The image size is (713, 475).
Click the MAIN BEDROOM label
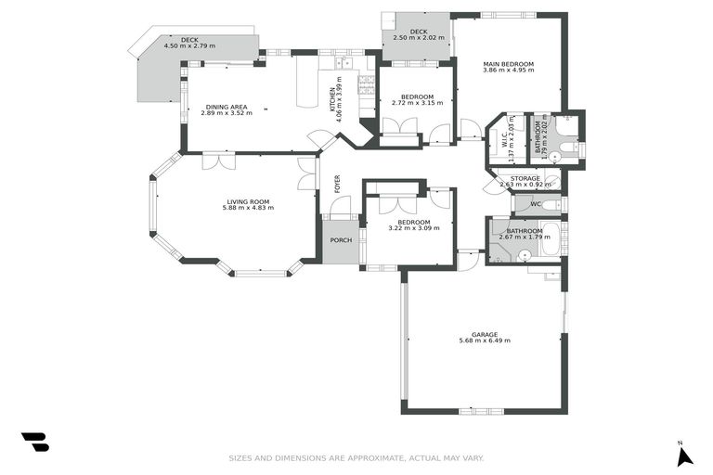pyautogui.click(x=508, y=64)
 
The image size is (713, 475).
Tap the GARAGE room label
pyautogui.click(x=484, y=335)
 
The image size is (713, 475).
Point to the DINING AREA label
pyautogui.click(x=227, y=107)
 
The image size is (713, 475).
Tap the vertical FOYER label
pyautogui.click(x=337, y=184)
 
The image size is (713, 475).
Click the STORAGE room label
pyautogui.click(x=525, y=177)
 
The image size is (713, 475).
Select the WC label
pyautogui.click(x=536, y=204)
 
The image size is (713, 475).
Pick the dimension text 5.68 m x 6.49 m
pyautogui.click(x=484, y=341)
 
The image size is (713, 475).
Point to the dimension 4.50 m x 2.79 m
pyautogui.click(x=189, y=45)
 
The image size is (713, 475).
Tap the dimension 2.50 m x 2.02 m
pyautogui.click(x=417, y=38)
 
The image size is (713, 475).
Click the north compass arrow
pyautogui.click(x=684, y=456)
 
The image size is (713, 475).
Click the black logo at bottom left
pyautogui.click(x=34, y=442)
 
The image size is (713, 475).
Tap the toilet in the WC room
pyautogui.click(x=551, y=204)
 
